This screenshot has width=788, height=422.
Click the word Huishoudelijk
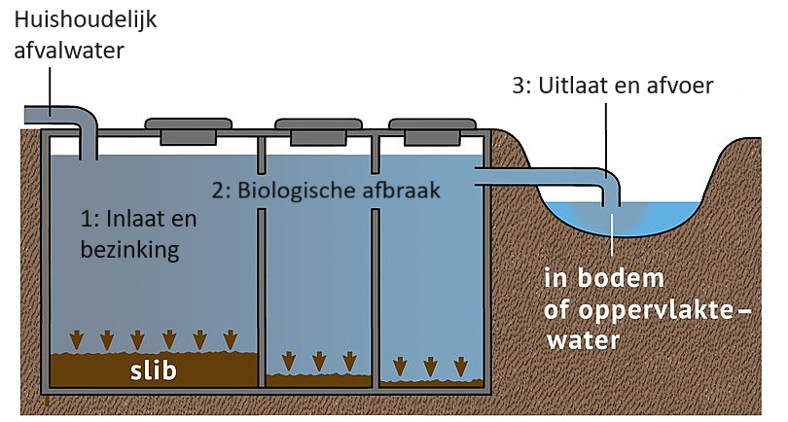(86, 21)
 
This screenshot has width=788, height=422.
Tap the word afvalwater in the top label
(69, 51)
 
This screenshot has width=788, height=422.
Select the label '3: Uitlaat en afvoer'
(613, 86)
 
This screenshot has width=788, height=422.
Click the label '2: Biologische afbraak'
(326, 191)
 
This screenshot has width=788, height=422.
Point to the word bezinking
(129, 250)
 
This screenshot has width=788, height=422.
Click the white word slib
(154, 370)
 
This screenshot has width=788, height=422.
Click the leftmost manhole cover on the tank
(189, 131)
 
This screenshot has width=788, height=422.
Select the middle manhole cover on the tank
(318, 131)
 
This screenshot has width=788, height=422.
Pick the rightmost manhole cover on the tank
(432, 131)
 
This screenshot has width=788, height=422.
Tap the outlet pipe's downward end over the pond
(611, 197)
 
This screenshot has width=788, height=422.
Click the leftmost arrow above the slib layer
(77, 339)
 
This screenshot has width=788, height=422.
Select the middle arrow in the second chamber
(319, 361)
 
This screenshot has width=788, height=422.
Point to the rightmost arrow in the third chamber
(461, 367)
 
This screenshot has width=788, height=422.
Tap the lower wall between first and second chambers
(261, 298)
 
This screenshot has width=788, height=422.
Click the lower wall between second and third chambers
(376, 298)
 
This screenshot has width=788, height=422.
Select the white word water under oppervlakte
(584, 341)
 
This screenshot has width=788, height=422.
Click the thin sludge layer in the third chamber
(432, 383)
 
